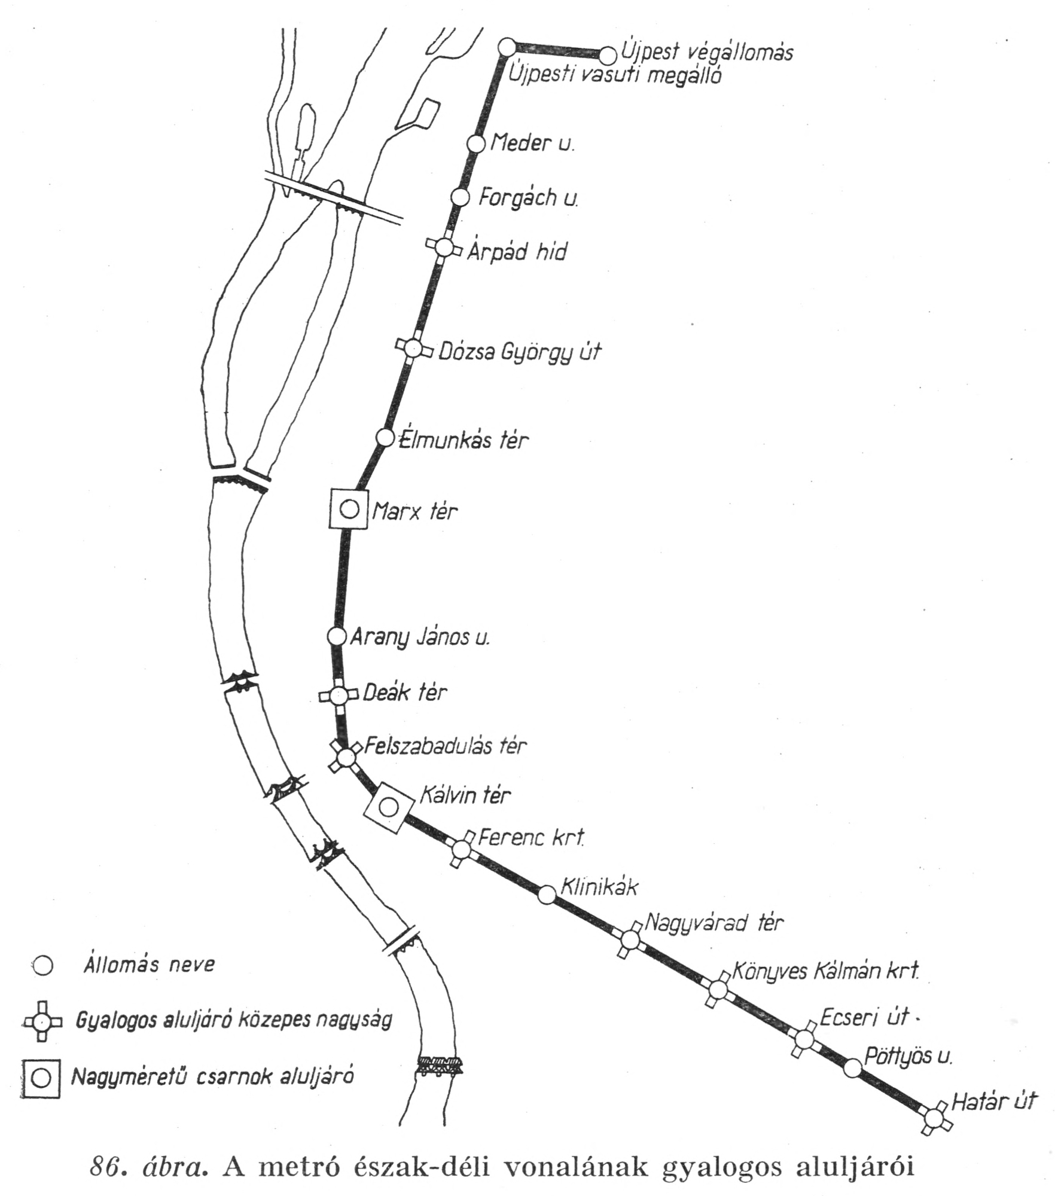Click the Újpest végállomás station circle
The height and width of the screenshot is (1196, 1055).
608,56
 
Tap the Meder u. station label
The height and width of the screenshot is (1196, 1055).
532,144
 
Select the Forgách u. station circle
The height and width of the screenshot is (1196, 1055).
459,197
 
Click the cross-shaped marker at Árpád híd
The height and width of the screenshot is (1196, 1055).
443,247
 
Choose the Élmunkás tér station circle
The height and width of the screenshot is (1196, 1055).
385,437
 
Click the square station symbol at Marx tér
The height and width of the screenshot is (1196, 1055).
349,509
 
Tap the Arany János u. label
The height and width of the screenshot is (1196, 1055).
419,637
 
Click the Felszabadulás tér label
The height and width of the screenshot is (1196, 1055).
446,746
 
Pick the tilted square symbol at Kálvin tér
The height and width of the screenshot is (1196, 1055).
389,808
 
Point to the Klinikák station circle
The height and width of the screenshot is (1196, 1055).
547,895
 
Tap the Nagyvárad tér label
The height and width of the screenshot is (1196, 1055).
714,923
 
